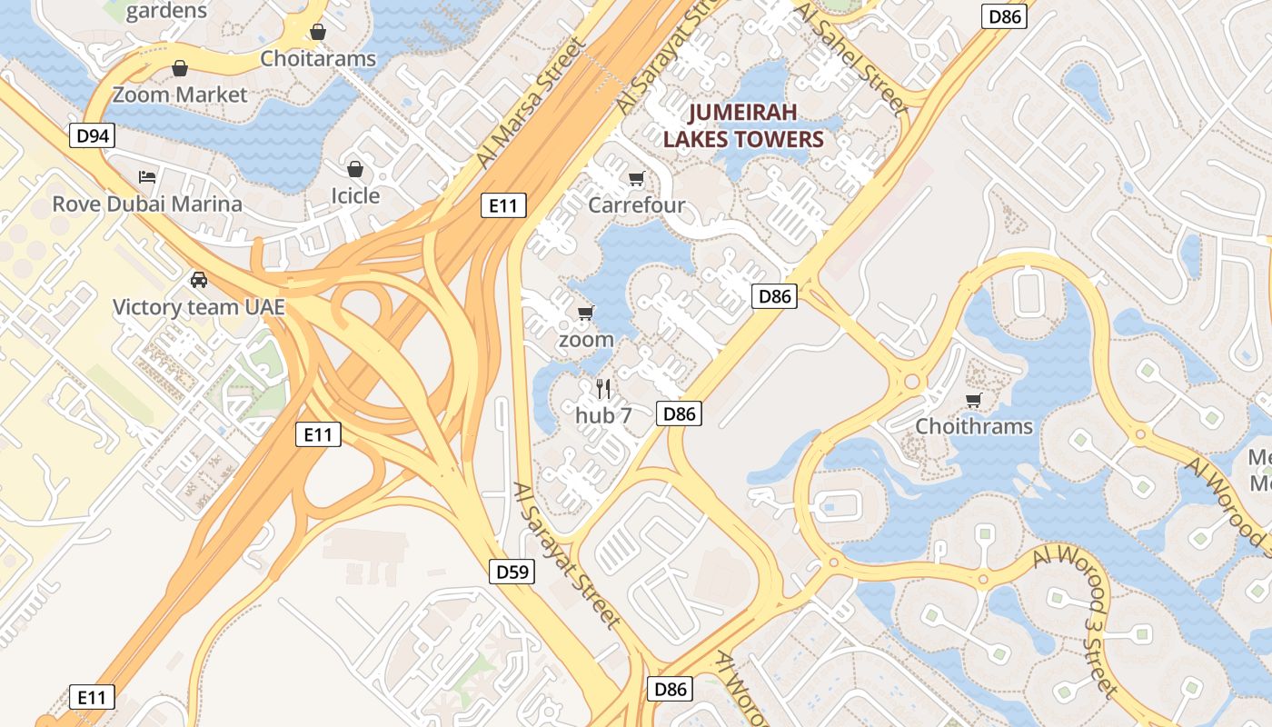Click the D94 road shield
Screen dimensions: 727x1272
click(x=93, y=136)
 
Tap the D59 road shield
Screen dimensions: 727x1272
click(x=512, y=572)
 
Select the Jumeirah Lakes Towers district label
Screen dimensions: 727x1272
click(x=742, y=125)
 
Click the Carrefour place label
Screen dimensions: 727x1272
click(x=636, y=204)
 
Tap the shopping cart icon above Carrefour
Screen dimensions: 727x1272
click(x=636, y=179)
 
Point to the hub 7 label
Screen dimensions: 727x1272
click(x=603, y=415)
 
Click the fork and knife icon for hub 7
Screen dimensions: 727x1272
click(x=603, y=389)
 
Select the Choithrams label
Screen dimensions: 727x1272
click(x=974, y=426)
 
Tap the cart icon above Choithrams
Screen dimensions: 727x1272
click(x=974, y=400)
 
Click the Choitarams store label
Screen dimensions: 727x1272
click(x=318, y=59)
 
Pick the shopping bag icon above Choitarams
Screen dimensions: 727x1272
click(x=318, y=33)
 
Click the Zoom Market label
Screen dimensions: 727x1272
click(x=180, y=95)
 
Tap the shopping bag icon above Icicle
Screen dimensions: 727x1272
click(x=355, y=169)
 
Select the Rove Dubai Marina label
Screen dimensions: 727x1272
click(x=147, y=204)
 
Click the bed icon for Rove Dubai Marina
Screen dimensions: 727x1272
click(x=147, y=176)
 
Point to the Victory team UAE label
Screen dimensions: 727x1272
click(x=199, y=307)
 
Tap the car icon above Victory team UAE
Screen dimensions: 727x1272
click(x=199, y=280)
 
